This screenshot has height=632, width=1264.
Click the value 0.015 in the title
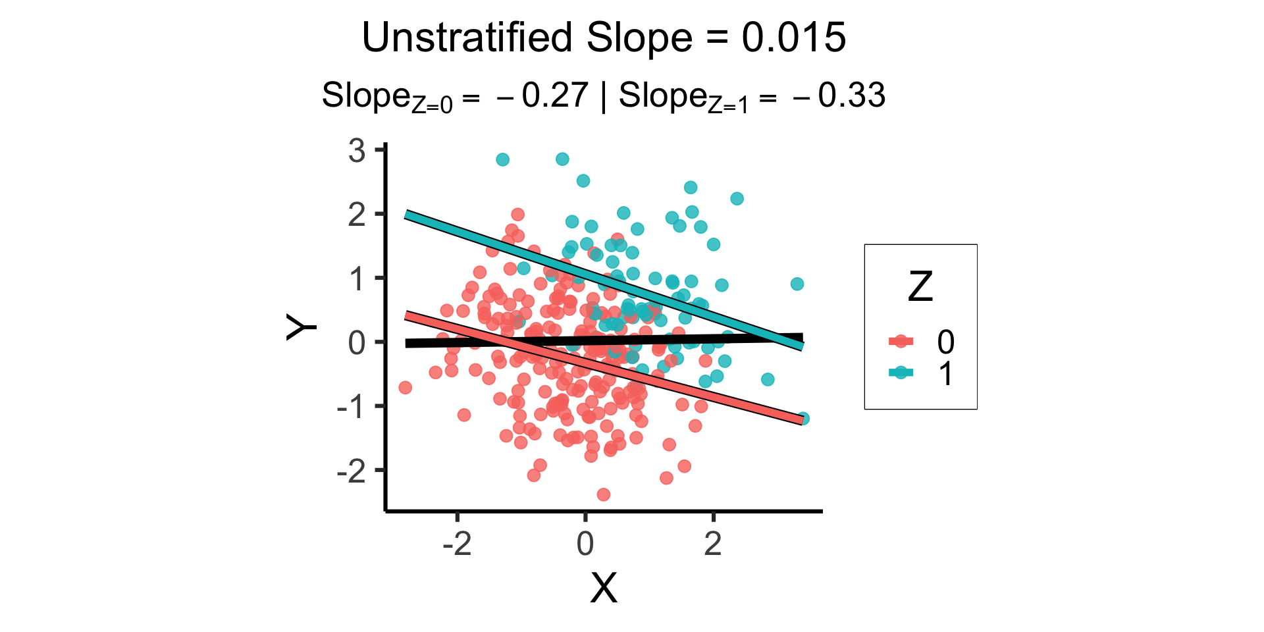793,38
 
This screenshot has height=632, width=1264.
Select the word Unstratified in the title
467,38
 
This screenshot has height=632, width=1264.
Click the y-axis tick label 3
357,151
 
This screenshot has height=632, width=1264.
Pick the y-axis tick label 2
357,215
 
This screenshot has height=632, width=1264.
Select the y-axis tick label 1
357,279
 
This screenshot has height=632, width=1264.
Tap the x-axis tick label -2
457,544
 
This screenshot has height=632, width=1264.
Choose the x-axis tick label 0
585,544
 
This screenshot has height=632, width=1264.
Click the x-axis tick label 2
713,544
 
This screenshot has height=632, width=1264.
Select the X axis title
603,588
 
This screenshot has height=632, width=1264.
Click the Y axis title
302,327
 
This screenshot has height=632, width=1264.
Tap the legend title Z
920,287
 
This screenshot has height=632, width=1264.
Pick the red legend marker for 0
901,341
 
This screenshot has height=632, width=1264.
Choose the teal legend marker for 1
901,373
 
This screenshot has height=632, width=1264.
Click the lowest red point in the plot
603,494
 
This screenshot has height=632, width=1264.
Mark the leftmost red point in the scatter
406,387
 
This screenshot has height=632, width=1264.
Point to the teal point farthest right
803,419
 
